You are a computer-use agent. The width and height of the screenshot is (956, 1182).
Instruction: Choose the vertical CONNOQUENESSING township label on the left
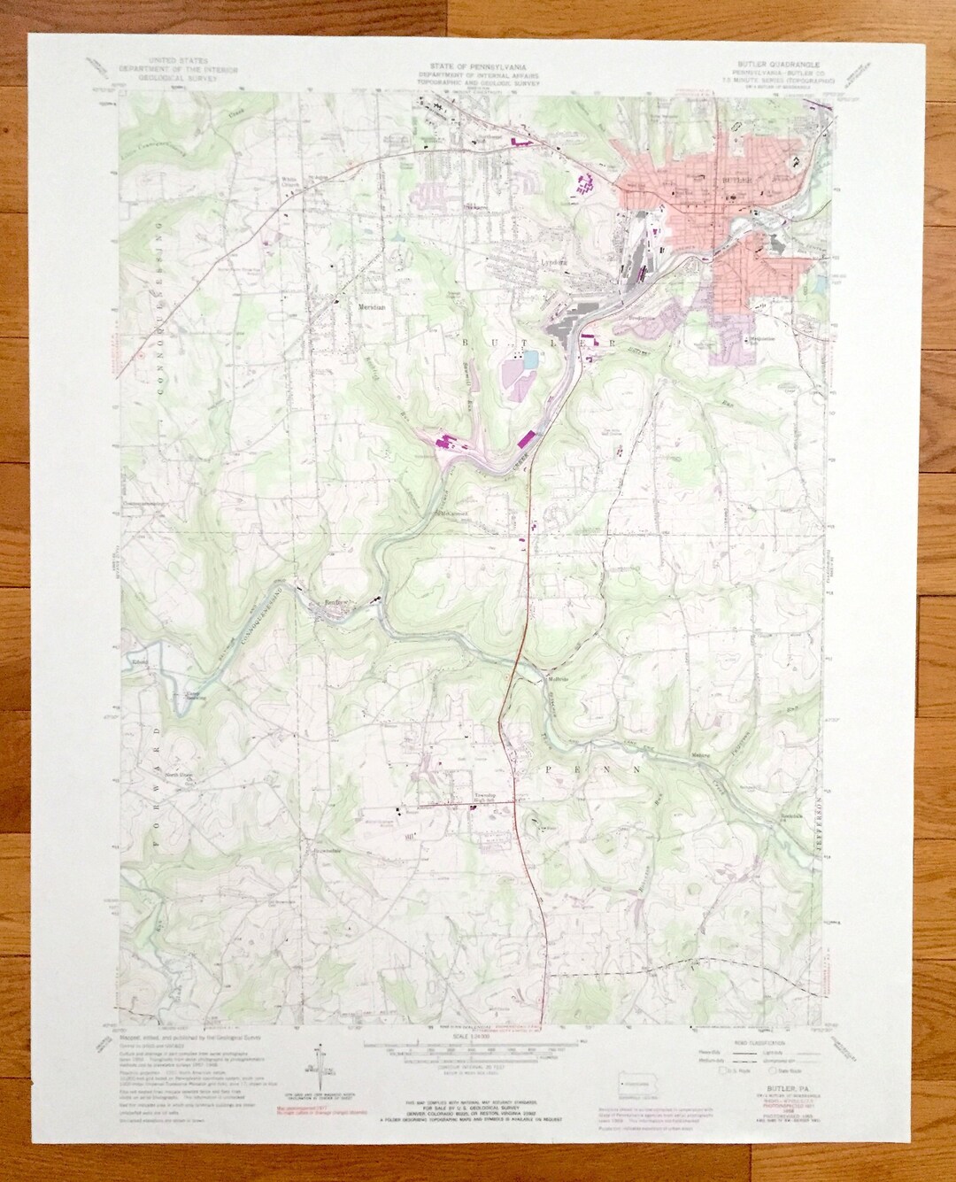coord(159,292)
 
